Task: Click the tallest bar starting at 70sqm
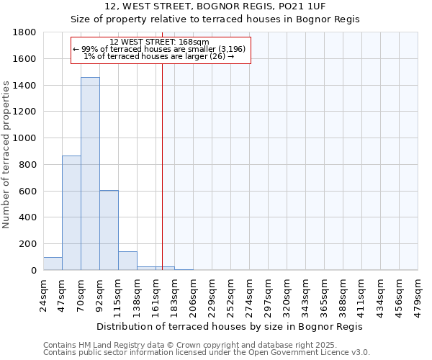[x=90, y=174]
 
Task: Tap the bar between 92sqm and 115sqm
[x=109, y=230]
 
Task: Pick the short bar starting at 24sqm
[x=53, y=264]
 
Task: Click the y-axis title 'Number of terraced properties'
[x=6, y=155]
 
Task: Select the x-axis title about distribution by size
[x=230, y=326]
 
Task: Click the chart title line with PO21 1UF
[x=215, y=6]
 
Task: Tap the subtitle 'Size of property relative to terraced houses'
[x=215, y=19]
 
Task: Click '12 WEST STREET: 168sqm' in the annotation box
[x=159, y=42]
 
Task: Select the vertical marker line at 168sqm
[x=162, y=166]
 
